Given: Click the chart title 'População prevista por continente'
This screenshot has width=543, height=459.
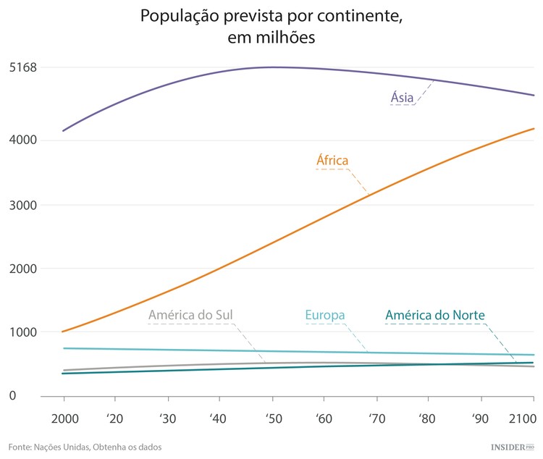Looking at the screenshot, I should pos(271,16).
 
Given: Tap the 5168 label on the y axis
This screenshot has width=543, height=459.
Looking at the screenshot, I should pos(22,68).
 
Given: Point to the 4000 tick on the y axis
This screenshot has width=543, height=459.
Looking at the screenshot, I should pos(22,140).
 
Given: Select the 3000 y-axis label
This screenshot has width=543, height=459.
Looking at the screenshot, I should pos(22,205).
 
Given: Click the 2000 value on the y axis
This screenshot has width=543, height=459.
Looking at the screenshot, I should pos(22,269).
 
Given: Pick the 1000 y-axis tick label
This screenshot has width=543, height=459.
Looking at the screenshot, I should pos(22,332).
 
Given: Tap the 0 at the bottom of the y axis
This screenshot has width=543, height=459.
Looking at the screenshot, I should pos(11,396).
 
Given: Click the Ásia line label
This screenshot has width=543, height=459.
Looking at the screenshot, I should pos(403,97).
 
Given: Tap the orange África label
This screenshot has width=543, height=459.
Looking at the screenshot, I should pos(333,160).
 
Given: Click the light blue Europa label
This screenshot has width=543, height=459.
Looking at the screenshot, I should pos(324,315).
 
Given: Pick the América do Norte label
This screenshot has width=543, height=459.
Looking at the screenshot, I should pos(434,315).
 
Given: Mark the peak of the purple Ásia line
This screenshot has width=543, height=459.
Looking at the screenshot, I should pos(274,67).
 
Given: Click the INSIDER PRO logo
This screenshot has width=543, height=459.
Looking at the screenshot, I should pos(512,447).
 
